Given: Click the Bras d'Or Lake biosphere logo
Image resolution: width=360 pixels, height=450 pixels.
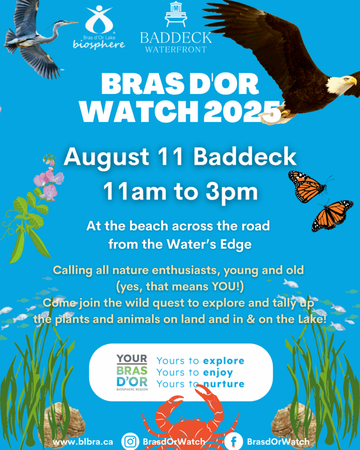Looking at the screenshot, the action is coord(99,28).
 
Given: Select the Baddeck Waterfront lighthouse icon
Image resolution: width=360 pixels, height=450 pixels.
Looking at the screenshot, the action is coord(176,15).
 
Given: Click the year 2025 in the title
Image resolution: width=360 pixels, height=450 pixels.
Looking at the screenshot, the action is coord(242,112).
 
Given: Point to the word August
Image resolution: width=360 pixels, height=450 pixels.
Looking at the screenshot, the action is coord(106,157).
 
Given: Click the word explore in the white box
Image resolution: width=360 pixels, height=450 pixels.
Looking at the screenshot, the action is coord(224,361).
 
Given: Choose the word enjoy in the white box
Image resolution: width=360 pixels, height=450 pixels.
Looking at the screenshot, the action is coord(218,373).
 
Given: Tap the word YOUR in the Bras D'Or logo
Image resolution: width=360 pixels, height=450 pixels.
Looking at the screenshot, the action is coord(132,359).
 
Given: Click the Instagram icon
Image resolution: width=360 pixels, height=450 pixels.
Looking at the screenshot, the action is coord(131,441).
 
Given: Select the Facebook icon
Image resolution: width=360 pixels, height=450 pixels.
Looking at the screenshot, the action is coord(233,441).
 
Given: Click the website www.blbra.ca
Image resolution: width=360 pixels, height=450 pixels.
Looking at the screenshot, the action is coord(83,442).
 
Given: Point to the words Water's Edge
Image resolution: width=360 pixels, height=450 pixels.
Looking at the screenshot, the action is coord(209,244).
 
